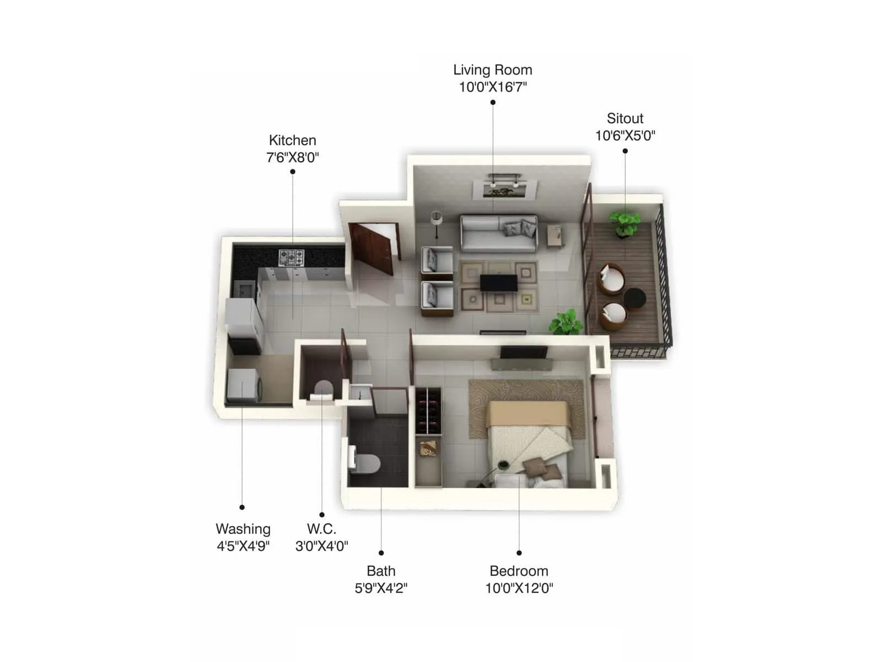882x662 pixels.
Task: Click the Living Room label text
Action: point(492,70)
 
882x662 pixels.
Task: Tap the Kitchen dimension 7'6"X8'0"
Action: point(292,158)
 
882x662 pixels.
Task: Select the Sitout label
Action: point(625,119)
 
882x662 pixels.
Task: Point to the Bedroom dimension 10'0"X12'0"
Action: point(519,588)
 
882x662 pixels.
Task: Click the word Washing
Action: point(243,529)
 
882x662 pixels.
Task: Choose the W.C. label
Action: point(321,529)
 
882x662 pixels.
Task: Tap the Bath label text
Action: point(381,571)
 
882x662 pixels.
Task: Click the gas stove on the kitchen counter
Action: point(291,257)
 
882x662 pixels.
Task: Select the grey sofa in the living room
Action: point(498,233)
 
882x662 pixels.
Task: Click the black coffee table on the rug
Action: point(498,282)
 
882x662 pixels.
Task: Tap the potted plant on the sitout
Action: point(625,223)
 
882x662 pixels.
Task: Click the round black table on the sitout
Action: point(634,298)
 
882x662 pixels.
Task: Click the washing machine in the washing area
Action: point(244,386)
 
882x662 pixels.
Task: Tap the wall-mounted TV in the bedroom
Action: point(524,353)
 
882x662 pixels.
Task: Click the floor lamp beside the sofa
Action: point(437,222)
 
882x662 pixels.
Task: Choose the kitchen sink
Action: point(244,287)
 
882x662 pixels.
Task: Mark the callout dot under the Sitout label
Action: point(625,151)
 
